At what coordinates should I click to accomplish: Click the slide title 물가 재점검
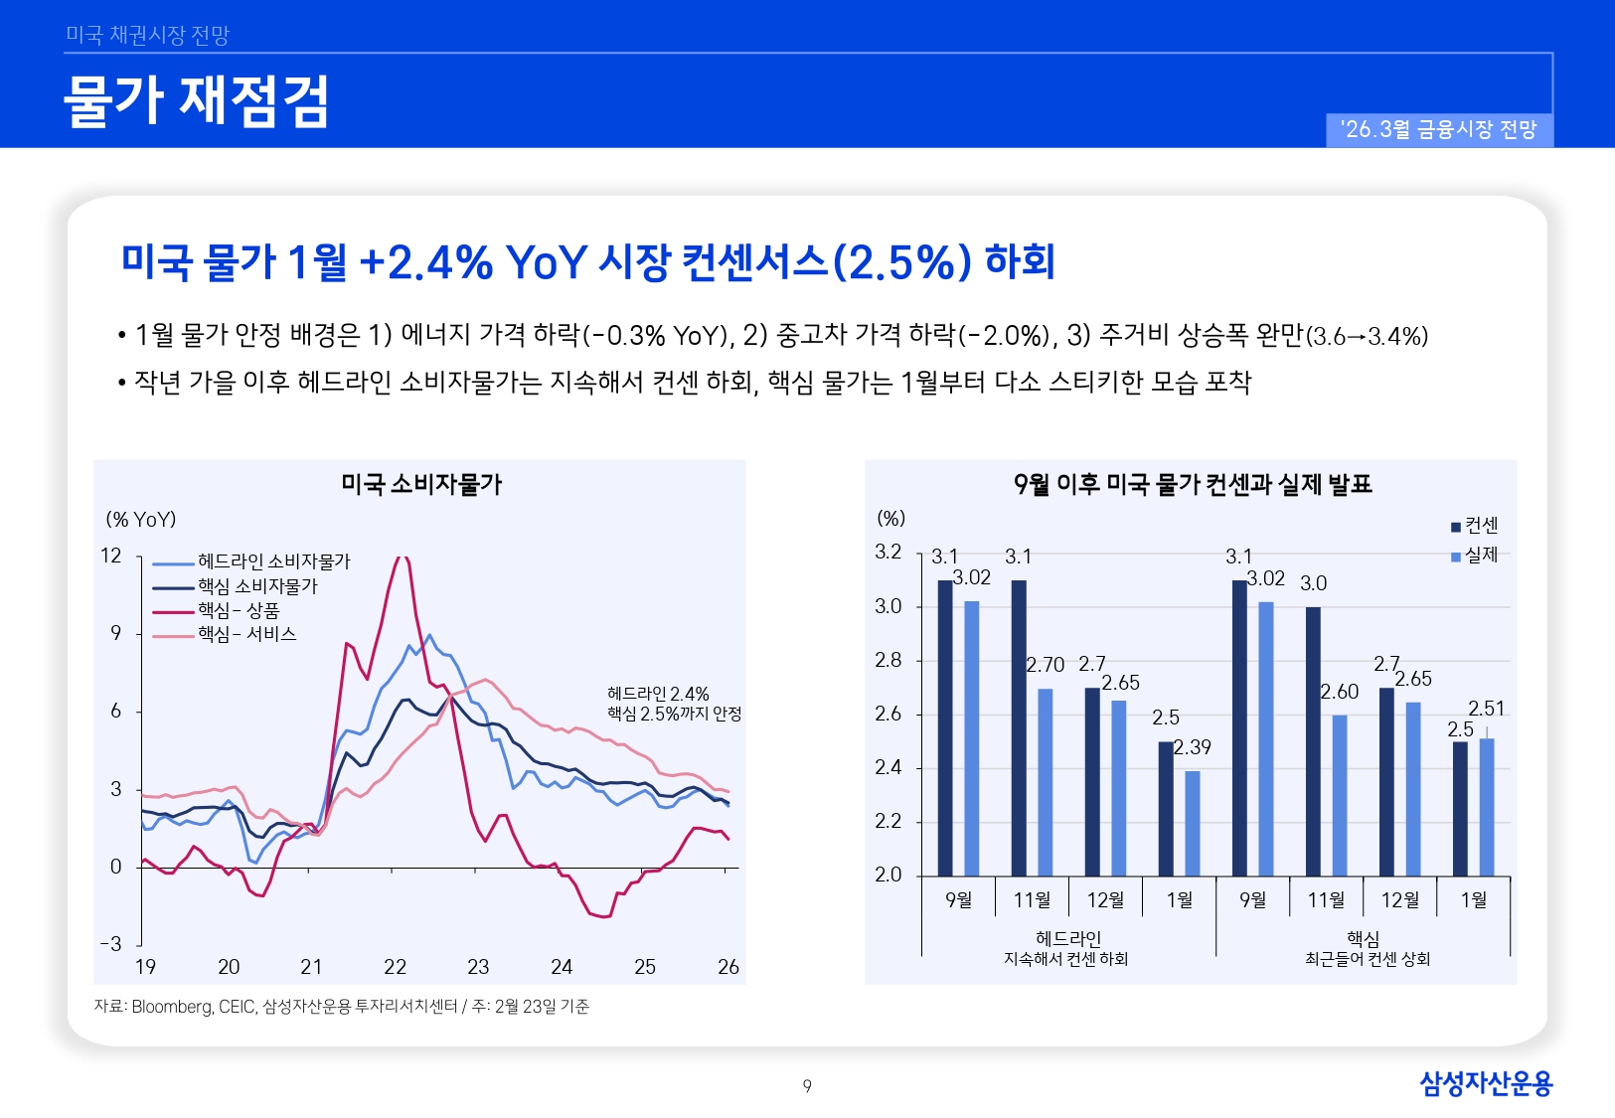point(196,100)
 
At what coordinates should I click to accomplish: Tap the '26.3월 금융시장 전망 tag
point(1438,130)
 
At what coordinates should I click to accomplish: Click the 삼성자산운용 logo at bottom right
point(1485,1083)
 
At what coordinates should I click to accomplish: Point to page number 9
point(807,1086)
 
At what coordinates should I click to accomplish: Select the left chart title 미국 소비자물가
point(421,485)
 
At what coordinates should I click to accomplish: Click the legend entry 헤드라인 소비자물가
point(273,561)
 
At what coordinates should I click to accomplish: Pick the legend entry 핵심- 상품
point(239,610)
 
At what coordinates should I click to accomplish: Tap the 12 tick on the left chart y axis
point(111,556)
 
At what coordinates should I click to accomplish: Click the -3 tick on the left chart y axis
point(111,944)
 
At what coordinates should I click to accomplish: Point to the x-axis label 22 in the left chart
point(395,967)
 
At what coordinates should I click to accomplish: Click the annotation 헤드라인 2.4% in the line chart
point(658,694)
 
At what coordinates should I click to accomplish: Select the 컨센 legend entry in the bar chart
point(1481,526)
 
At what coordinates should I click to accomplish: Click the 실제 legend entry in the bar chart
point(1481,555)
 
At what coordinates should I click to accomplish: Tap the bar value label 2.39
point(1193,747)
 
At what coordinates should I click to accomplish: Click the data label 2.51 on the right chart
point(1486,709)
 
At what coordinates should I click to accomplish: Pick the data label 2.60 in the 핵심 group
point(1339,692)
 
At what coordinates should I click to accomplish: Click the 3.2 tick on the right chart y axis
point(888,553)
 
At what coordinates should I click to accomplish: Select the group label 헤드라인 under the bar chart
point(1067,938)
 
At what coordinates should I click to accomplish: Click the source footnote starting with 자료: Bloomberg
point(341,1007)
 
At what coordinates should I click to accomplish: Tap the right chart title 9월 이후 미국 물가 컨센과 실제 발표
point(1192,485)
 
